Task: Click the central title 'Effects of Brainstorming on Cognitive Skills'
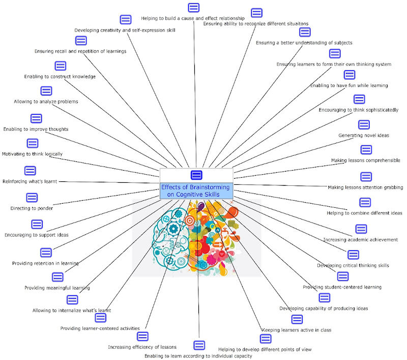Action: pyautogui.click(x=196, y=190)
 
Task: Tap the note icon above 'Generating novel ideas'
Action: pyautogui.click(x=364, y=125)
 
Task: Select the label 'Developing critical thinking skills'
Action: pyautogui.click(x=353, y=265)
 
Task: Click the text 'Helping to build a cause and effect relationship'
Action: pyautogui.click(x=193, y=18)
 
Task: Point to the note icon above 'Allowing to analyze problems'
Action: pyautogui.click(x=46, y=91)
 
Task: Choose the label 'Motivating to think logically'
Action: pyautogui.click(x=32, y=154)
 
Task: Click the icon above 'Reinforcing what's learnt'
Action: pyautogui.click(x=31, y=171)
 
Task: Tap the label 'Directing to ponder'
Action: pyautogui.click(x=32, y=208)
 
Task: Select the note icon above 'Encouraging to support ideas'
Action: pyautogui.click(x=37, y=224)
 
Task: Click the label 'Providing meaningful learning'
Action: pyautogui.click(x=57, y=288)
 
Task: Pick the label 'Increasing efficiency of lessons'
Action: pyautogui.click(x=142, y=347)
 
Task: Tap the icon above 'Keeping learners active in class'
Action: pyautogui.click(x=297, y=319)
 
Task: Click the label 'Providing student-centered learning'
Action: pyautogui.click(x=342, y=287)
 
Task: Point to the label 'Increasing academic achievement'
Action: pyautogui.click(x=360, y=239)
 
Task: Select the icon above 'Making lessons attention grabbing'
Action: pyautogui.click(x=366, y=177)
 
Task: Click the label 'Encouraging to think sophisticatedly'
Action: pyautogui.click(x=358, y=109)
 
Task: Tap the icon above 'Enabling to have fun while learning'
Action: pyautogui.click(x=349, y=75)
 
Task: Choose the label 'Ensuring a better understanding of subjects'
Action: pyautogui.click(x=304, y=43)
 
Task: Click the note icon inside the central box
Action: pyautogui.click(x=196, y=175)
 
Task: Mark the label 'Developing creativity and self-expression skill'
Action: pyautogui.click(x=125, y=30)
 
